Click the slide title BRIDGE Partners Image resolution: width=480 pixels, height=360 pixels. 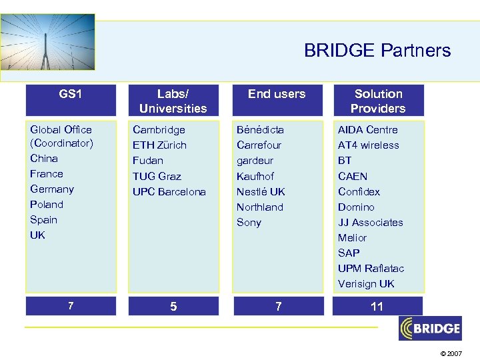(377, 51)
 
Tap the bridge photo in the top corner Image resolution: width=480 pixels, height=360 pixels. (47, 42)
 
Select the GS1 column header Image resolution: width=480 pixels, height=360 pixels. (70, 94)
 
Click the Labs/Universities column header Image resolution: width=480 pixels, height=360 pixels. (173, 101)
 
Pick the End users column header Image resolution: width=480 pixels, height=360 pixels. (276, 94)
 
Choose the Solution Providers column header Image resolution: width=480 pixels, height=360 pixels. (378, 101)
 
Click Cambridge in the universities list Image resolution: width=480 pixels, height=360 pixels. (159, 130)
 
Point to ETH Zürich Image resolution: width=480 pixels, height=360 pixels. (159, 145)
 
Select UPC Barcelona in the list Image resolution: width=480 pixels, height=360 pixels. (169, 192)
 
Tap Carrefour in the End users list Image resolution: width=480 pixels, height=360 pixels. (259, 145)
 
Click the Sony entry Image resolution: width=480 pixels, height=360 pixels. (249, 223)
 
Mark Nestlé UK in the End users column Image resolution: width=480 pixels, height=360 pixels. (261, 192)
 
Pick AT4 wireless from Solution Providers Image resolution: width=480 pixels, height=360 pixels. (368, 145)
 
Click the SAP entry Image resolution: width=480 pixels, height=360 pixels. (348, 253)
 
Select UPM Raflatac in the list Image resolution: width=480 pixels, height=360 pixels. (371, 269)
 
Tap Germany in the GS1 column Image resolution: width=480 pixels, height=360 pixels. (51, 189)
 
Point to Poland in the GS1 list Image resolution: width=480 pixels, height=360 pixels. (47, 205)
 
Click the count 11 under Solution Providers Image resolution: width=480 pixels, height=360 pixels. (377, 306)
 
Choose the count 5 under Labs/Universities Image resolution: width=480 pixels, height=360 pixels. (173, 307)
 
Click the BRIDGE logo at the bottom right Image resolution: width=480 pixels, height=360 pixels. (430, 328)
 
